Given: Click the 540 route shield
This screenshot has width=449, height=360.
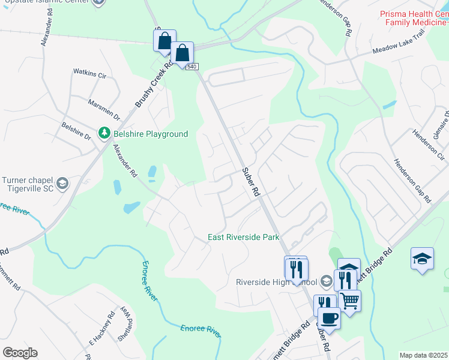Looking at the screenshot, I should [x=191, y=66].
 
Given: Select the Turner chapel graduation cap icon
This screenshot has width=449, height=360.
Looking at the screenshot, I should [x=61, y=183].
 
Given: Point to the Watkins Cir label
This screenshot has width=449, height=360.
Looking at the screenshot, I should [x=89, y=74].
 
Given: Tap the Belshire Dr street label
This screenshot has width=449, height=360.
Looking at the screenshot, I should [x=75, y=132].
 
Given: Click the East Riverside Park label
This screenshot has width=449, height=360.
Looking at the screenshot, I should [x=244, y=237].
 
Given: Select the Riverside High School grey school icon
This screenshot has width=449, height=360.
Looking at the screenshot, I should [x=326, y=281].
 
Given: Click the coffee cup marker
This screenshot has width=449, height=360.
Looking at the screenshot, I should [x=328, y=317].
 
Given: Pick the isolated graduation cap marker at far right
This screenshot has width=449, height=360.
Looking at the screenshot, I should [x=422, y=258].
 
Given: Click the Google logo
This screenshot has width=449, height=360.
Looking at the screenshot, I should [x=20, y=352].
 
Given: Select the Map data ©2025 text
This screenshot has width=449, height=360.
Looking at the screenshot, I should [x=423, y=355].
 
